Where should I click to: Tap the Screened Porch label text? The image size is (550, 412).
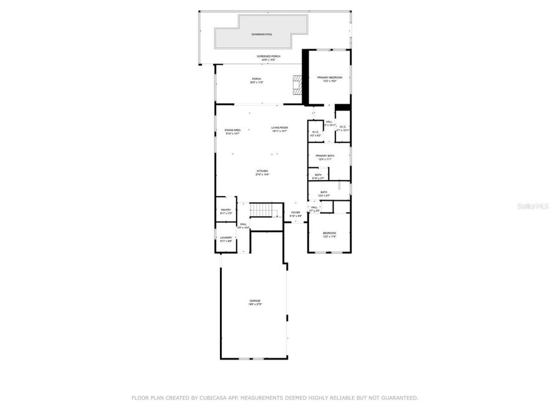269,56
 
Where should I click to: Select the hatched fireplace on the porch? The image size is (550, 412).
298,85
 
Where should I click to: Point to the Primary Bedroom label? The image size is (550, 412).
329,78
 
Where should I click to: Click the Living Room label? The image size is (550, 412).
279,127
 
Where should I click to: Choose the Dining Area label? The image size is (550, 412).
232,129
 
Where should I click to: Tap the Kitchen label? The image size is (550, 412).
262,171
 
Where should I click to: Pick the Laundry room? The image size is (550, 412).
226,239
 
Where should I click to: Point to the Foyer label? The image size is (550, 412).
296,212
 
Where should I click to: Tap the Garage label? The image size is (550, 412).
255,300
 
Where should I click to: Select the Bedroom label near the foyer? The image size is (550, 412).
329,233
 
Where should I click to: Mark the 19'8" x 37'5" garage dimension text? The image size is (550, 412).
255,304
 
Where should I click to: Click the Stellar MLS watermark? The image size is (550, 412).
533,207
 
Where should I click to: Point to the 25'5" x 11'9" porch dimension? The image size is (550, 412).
256,82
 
